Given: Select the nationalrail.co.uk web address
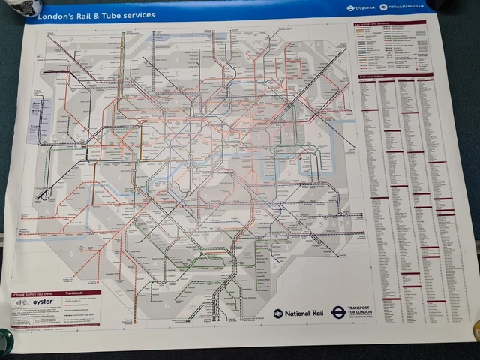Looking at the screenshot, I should tap(406, 7).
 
